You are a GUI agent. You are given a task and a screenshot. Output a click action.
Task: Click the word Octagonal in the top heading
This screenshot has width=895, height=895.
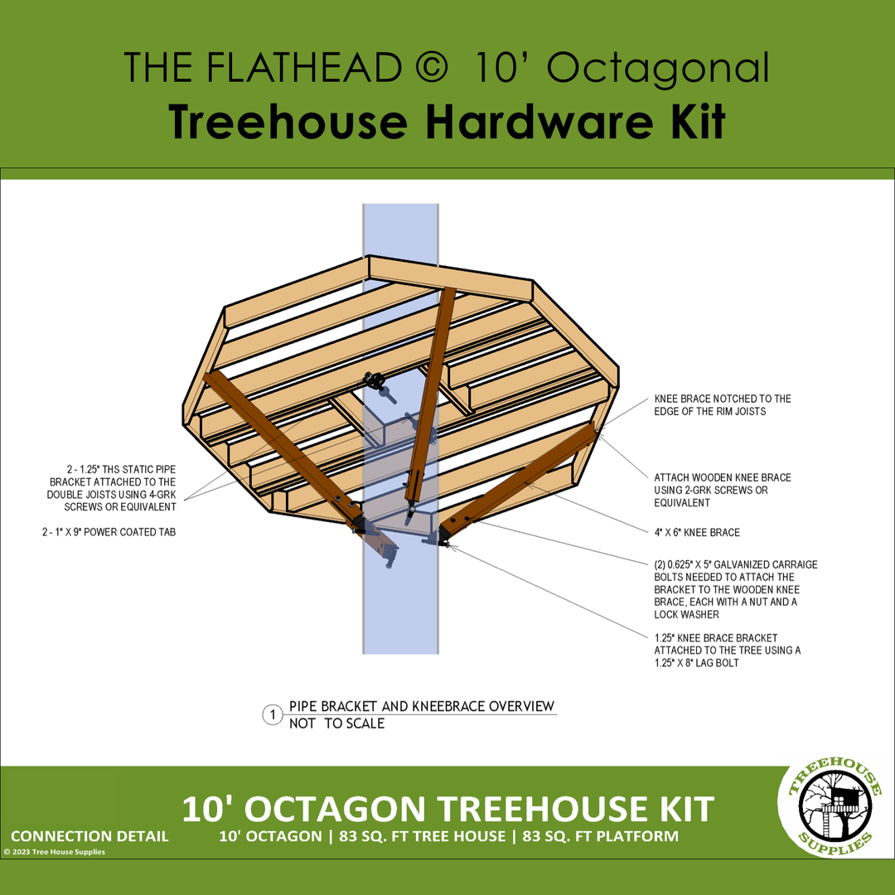[x=658, y=68]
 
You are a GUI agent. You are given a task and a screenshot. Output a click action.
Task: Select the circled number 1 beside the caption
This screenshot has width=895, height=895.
[x=273, y=714]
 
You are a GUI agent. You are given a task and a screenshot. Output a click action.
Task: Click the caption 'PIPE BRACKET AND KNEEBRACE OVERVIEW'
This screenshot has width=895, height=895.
[x=422, y=706]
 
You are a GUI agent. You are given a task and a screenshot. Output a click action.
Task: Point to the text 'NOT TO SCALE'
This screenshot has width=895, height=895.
[x=336, y=723]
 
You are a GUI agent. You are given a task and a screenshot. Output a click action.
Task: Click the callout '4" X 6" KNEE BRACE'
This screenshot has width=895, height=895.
[x=697, y=533]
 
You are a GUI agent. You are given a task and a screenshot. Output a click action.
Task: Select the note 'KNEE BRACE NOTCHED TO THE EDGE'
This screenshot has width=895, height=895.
[x=723, y=404]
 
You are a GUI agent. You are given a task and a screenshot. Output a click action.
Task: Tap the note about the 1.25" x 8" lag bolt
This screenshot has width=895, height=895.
[x=728, y=651]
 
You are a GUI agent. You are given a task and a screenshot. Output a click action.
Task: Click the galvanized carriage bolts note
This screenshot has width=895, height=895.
[x=736, y=589]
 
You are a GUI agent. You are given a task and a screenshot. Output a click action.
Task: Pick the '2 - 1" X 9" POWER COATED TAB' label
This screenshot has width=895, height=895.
[x=109, y=532]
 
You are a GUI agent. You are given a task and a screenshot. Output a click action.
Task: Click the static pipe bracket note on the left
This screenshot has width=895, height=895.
[x=112, y=488]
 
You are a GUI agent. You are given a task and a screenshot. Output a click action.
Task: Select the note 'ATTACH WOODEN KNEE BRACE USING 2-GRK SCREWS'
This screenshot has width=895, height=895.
[x=723, y=490]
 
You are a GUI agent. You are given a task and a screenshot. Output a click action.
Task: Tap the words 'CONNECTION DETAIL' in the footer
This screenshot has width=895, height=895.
[x=89, y=836]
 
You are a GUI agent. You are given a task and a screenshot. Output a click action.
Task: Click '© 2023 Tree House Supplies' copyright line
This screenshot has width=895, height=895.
[x=54, y=852]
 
